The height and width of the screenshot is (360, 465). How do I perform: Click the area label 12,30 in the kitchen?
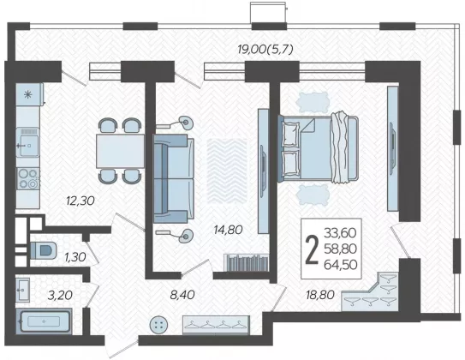pos(80,201)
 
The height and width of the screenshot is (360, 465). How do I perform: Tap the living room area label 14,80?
pos(229,230)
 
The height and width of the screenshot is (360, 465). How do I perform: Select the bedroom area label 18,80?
pos(320,295)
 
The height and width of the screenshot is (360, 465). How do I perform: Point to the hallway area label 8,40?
pos(182,295)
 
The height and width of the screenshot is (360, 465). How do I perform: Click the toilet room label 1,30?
pos(75,257)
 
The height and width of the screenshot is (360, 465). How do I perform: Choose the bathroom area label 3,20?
pos(60,296)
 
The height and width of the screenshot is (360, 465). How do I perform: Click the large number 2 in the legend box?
pos(312,249)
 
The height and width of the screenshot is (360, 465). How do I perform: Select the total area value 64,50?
pos(341,265)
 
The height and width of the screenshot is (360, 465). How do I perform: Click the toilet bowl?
pos(44,250)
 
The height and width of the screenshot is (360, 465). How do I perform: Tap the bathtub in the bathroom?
pos(44,321)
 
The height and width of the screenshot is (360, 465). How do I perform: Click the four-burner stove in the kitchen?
pos(28,178)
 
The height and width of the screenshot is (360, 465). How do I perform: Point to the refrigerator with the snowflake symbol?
pos(29,94)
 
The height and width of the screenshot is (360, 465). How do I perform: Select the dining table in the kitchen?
pos(120,151)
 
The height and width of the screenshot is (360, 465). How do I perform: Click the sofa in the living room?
pos(173,178)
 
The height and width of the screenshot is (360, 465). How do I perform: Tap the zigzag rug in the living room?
pos(227,171)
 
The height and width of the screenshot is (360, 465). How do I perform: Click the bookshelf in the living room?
pos(246,262)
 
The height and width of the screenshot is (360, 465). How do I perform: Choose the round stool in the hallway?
pos(159,324)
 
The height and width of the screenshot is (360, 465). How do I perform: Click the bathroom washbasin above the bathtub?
pos(23,290)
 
